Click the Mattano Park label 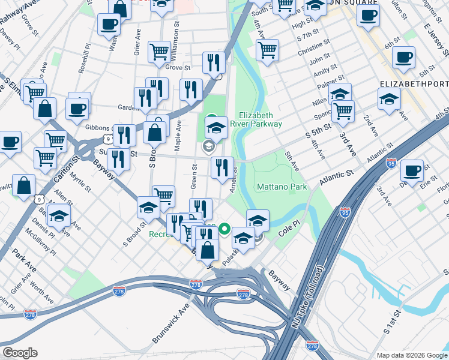282,187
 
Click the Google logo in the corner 20,353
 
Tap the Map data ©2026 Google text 412,355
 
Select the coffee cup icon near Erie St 412,169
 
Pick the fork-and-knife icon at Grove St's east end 214,62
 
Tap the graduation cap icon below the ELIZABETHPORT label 389,98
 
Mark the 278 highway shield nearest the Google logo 30,314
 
